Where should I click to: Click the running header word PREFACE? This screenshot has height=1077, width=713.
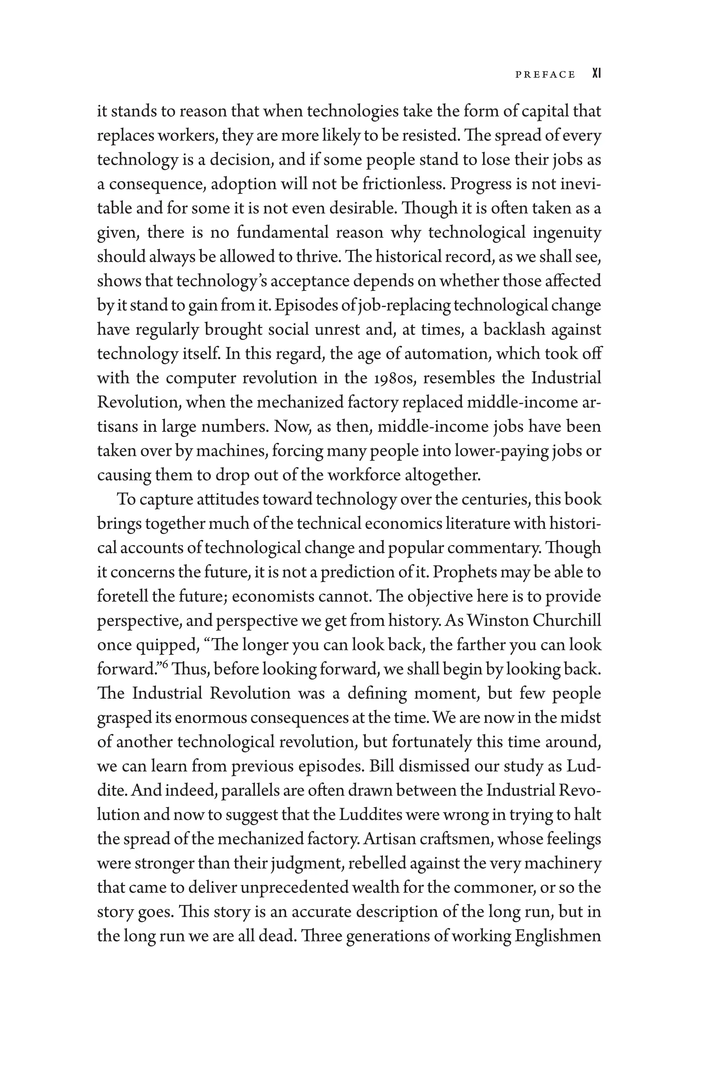[x=545, y=75]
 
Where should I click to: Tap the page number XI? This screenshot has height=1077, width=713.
[x=597, y=74]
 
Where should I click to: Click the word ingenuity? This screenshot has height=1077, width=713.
[x=567, y=233]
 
